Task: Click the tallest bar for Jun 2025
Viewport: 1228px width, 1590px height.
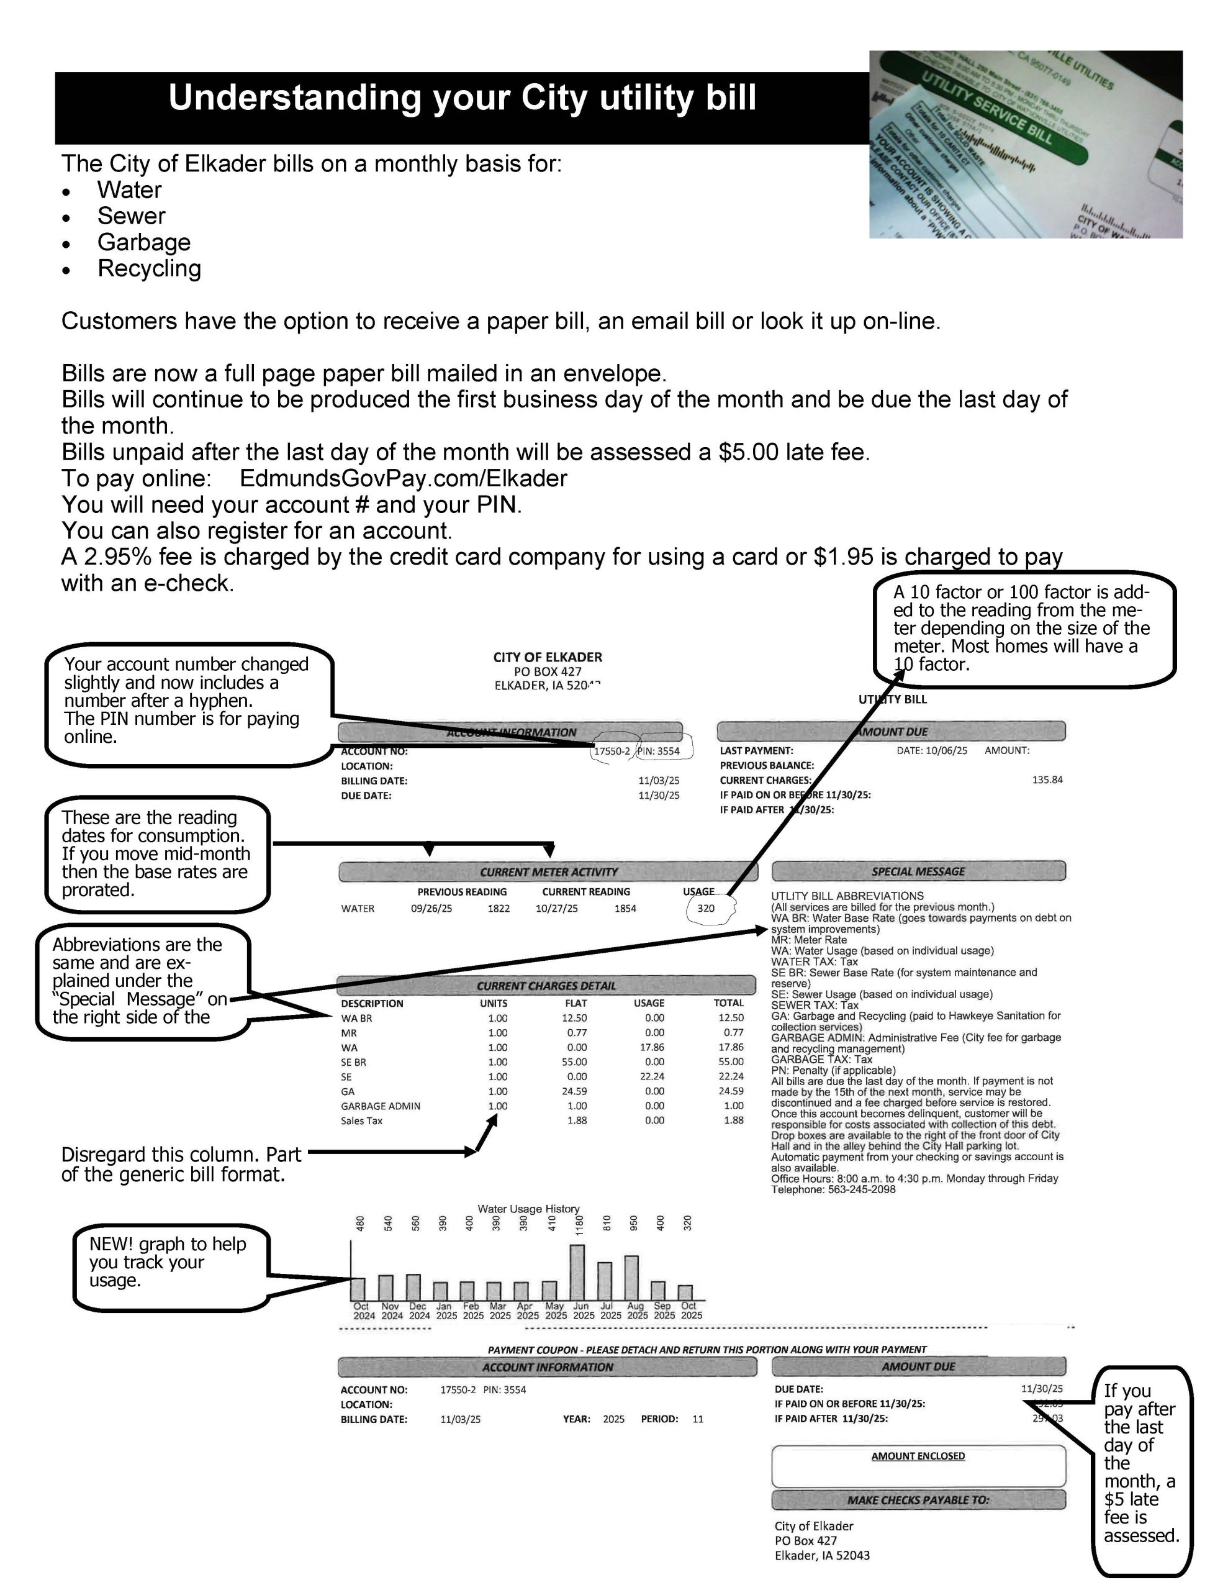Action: click(x=577, y=1272)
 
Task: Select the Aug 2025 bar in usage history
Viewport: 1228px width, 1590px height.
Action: click(x=631, y=1278)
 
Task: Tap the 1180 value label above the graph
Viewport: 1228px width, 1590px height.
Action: click(x=580, y=1225)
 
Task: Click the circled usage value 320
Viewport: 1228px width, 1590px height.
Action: click(x=706, y=909)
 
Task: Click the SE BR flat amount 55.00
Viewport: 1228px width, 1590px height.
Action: click(x=574, y=1062)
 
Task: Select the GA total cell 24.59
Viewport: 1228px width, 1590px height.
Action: click(x=731, y=1091)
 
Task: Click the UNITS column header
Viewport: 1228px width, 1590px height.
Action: click(x=494, y=1003)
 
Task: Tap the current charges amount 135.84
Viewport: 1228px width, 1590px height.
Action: click(x=1047, y=779)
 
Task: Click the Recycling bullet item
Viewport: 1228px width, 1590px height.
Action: click(x=149, y=269)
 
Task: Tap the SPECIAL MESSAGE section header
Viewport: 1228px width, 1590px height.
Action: click(x=918, y=871)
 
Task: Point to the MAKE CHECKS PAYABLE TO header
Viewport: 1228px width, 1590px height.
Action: click(x=918, y=1500)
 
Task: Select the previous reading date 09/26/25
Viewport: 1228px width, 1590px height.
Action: click(x=431, y=909)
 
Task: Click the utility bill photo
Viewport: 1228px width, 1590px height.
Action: click(x=1025, y=144)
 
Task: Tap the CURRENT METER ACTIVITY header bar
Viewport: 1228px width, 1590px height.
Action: click(x=548, y=872)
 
